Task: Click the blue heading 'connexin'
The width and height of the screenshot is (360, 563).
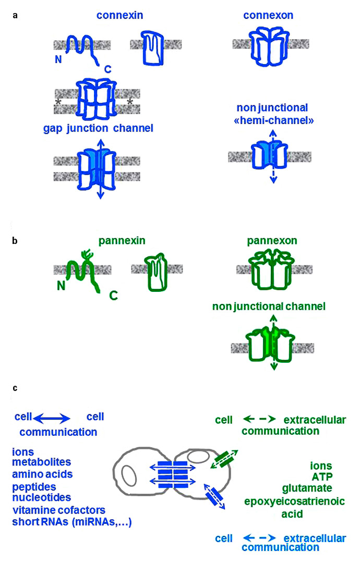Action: tap(119, 16)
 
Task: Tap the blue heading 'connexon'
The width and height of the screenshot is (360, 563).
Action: tap(268, 16)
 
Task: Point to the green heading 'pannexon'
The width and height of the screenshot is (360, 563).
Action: tap(269, 242)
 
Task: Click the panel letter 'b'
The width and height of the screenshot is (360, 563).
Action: tap(16, 241)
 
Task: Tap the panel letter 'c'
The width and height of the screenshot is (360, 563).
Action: tap(16, 388)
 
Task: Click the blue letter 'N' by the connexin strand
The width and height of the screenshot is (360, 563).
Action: tap(58, 60)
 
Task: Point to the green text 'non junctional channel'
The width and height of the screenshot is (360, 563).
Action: tap(269, 307)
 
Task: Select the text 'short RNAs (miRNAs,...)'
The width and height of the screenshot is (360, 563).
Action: tap(73, 522)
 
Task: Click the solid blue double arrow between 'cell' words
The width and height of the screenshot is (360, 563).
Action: tap(51, 418)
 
